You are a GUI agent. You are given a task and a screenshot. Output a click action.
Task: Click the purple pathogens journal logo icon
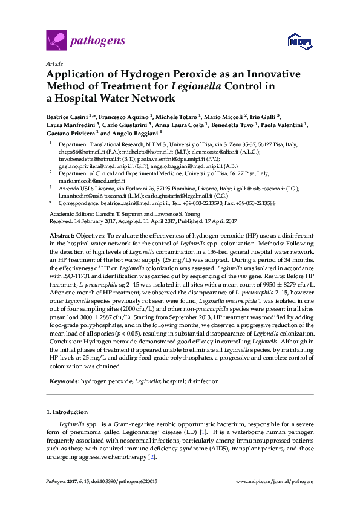(x=56, y=41)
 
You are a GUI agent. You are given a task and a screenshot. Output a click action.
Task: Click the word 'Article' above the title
(x=54, y=63)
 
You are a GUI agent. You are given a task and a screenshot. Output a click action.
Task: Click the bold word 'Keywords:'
(x=63, y=382)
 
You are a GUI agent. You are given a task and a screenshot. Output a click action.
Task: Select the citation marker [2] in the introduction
(x=152, y=457)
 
